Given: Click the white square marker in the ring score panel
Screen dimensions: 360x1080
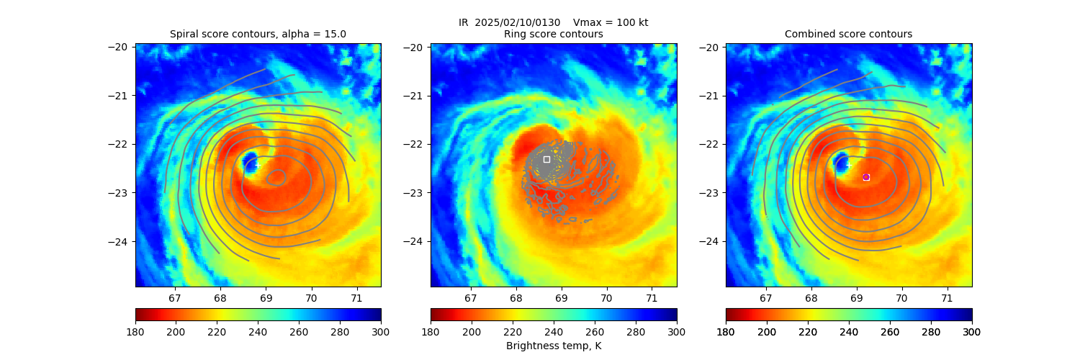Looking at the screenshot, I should [546, 159].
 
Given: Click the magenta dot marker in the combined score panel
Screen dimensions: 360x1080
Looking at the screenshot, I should [866, 177].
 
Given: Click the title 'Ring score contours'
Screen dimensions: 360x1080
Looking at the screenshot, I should [554, 34].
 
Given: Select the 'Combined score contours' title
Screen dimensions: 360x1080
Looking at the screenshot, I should [848, 34].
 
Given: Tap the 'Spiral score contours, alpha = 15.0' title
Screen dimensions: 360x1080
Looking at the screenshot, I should [258, 34].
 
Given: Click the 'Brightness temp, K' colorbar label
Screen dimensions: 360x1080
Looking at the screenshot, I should [554, 346].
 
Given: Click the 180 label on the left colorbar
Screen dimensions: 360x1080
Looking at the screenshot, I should [135, 332].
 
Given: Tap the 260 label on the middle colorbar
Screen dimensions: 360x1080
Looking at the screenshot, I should [595, 332].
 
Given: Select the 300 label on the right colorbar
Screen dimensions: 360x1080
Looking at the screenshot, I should [972, 332].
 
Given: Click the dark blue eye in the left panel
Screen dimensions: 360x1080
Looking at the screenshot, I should [250, 161].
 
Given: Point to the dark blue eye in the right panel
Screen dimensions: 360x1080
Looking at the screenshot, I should [840, 161].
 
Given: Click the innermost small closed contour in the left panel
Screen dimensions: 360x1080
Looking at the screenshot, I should [276, 177].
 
